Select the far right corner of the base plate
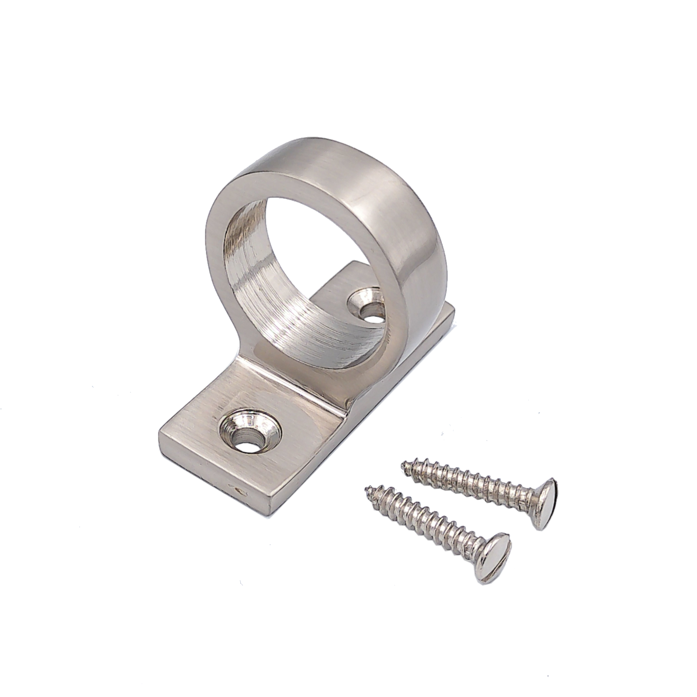453,310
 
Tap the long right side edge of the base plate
372,409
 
